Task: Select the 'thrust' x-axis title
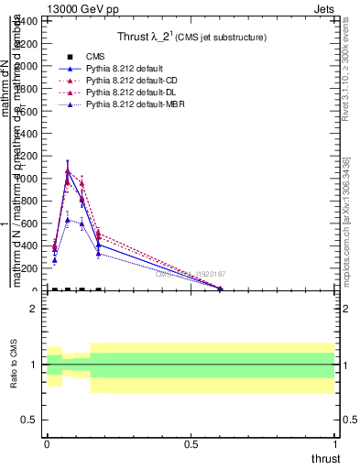325,457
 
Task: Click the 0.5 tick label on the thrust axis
191,443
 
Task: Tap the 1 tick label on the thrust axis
335,443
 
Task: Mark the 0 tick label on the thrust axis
47,443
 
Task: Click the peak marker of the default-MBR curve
68,220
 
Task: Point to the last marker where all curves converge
220,289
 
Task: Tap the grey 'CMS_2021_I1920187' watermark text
191,274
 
